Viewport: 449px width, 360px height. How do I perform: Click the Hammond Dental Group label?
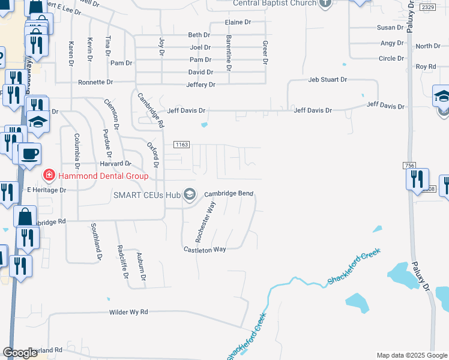click(103, 176)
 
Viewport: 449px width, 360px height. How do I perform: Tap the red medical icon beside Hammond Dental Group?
click(48, 175)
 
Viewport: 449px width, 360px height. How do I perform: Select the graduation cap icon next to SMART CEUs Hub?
click(190, 194)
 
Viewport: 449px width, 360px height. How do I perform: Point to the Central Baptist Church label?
click(274, 3)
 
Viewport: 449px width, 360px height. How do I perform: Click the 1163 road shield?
click(182, 145)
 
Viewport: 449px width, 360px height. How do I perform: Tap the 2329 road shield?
click(427, 7)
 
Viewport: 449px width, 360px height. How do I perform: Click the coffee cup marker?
click(29, 153)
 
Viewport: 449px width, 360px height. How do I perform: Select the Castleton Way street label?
click(205, 249)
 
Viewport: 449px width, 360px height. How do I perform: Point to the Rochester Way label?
click(205, 222)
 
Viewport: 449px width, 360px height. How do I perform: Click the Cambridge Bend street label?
click(229, 194)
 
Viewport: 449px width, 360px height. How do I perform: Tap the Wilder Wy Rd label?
click(128, 313)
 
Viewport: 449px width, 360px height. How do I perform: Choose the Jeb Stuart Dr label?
click(328, 79)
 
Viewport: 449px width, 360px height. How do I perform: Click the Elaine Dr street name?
click(238, 22)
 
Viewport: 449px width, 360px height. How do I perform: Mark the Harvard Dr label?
click(115, 163)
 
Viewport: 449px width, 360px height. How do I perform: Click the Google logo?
click(20, 353)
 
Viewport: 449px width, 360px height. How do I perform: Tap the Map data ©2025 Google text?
click(411, 355)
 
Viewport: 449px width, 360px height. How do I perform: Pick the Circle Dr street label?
click(391, 58)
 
